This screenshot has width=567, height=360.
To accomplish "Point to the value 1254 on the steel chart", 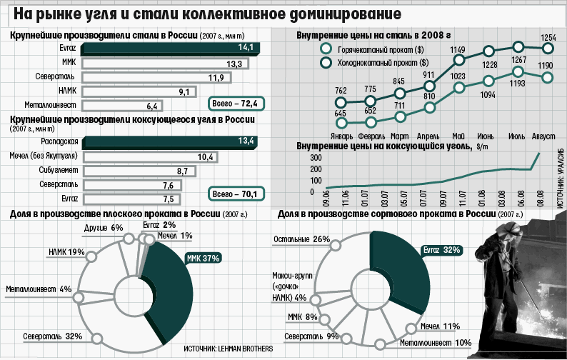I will point(548,37).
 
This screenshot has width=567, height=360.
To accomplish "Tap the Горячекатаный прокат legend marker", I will point(326,49).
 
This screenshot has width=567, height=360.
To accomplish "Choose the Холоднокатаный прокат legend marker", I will point(326,63).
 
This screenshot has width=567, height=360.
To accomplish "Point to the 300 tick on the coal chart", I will point(316,157).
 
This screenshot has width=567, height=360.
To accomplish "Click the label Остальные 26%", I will point(301,239).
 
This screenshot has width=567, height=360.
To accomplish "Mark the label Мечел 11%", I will point(440,326).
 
